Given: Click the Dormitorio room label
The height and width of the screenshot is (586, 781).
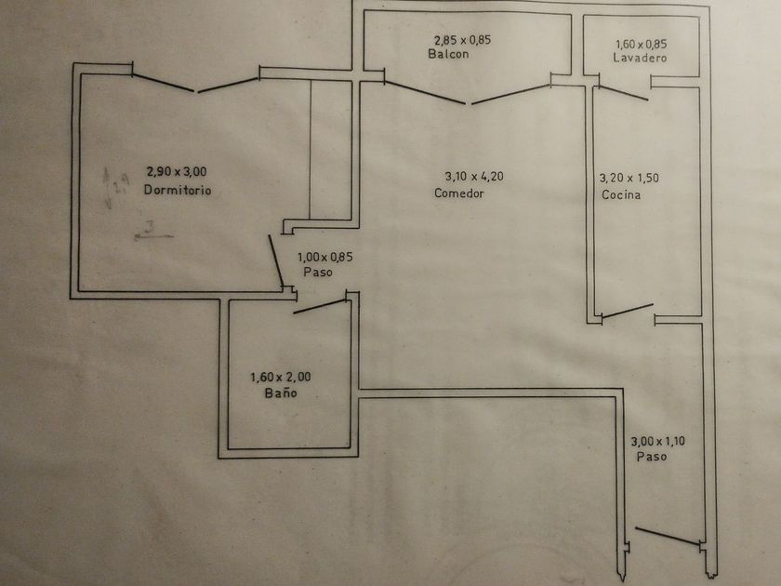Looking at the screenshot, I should tap(178, 191).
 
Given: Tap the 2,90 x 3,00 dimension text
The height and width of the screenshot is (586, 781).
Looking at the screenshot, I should tap(177, 172).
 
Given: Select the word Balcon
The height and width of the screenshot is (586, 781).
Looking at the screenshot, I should tap(448, 55).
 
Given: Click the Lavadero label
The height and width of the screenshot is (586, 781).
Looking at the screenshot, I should tap(641, 58).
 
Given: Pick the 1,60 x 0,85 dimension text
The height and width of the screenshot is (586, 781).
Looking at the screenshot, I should tap(642, 43).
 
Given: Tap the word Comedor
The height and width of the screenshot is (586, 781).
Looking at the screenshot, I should tap(459, 193).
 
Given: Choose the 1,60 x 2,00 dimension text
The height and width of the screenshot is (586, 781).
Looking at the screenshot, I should tap(281, 378).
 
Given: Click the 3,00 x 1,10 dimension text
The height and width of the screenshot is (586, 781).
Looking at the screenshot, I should tap(657, 442).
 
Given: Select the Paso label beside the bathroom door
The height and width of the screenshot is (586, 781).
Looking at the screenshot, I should tap(317, 273).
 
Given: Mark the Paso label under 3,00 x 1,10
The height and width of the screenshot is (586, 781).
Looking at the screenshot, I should tap(651, 457).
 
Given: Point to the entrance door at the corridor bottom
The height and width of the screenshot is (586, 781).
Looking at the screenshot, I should tap(668, 537).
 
